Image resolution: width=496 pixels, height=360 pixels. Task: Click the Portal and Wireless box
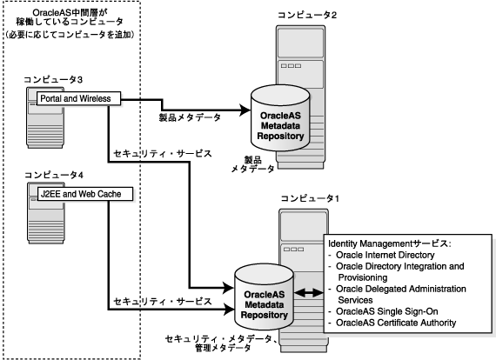pos(79,98)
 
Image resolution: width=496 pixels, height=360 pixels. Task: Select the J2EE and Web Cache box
pos(85,194)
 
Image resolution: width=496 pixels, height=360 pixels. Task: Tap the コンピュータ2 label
pos(307,15)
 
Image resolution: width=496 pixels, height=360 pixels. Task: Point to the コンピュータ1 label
pos(310,198)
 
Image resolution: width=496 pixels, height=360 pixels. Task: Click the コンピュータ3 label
pos(53,79)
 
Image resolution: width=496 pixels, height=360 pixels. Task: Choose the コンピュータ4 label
pos(54,175)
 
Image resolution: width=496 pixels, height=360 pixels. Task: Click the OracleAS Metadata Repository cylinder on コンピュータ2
pos(280,118)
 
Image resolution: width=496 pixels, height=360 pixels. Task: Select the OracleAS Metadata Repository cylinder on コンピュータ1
pos(265,297)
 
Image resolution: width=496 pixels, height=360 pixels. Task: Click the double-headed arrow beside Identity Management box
pos(308,293)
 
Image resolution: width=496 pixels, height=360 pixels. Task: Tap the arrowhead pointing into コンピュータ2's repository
pos(245,110)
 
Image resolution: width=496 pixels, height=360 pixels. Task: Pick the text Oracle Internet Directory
pos(385,255)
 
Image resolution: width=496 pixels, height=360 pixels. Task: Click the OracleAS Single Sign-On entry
pos(387,311)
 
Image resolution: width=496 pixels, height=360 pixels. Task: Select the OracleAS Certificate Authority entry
pos(396,323)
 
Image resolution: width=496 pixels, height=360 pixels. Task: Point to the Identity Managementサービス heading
pos(389,243)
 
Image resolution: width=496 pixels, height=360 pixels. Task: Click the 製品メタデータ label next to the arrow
pos(190,117)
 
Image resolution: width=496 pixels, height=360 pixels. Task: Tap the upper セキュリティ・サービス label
pos(163,154)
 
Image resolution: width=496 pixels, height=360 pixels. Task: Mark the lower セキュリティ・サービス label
pos(163,302)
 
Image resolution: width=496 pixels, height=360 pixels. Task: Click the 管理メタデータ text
pos(223,349)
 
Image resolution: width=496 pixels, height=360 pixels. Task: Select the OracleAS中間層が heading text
pos(70,13)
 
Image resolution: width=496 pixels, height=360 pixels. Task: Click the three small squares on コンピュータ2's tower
pos(291,66)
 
